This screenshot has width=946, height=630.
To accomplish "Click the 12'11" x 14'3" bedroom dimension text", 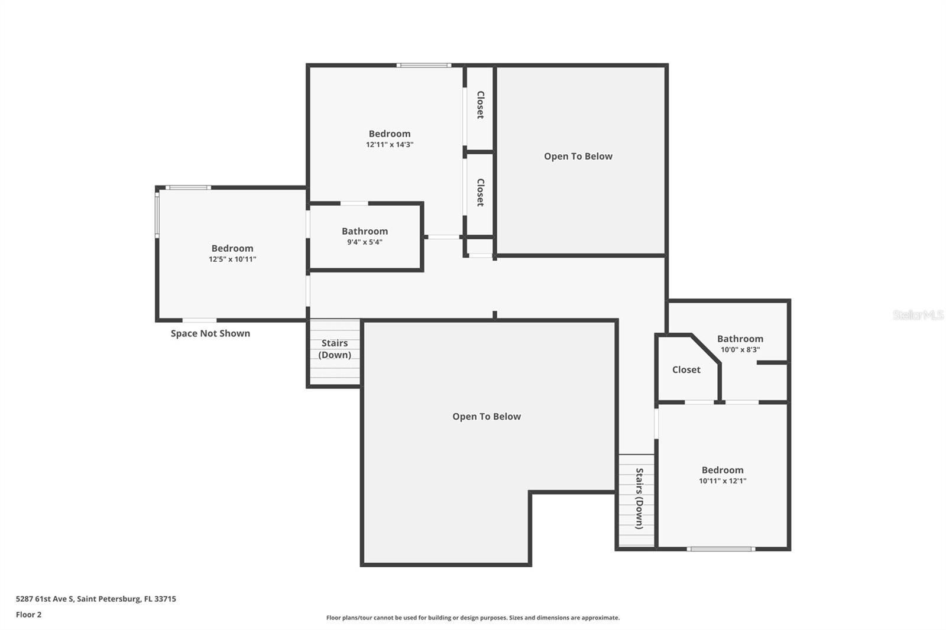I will (x=389, y=144).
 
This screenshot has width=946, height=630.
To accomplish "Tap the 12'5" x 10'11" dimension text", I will (x=232, y=259).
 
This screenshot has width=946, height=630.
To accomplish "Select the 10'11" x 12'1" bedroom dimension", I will (x=722, y=480).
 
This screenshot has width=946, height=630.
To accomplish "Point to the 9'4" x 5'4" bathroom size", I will (x=364, y=242).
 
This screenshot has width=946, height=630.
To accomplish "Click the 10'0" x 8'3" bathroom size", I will (x=740, y=349).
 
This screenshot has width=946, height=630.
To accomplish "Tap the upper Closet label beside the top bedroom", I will (x=480, y=105).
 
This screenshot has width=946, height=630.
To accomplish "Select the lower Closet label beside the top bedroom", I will (x=480, y=193).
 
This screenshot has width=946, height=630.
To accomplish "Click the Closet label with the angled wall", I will (x=686, y=369).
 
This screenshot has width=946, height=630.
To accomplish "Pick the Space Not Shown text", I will (x=210, y=333).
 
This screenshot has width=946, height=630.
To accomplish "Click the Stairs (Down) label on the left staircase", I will (x=335, y=349).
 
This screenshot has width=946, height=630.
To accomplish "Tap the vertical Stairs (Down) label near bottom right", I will (x=639, y=498).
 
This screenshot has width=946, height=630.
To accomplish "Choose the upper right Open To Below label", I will (x=578, y=156).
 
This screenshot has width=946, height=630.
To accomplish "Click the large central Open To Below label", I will (x=486, y=416).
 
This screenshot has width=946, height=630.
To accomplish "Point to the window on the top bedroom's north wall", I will (x=423, y=65).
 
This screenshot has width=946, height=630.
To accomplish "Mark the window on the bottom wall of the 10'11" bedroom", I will (x=720, y=549).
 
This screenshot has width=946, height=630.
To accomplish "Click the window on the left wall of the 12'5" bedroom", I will (x=157, y=213).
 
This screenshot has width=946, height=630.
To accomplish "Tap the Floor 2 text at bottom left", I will (x=28, y=615).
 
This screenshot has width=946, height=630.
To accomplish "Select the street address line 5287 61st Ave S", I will (x=96, y=599).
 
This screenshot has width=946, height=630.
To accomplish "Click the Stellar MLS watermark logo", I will (x=917, y=315).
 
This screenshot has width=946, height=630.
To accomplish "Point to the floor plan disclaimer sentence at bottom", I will (x=472, y=618).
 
